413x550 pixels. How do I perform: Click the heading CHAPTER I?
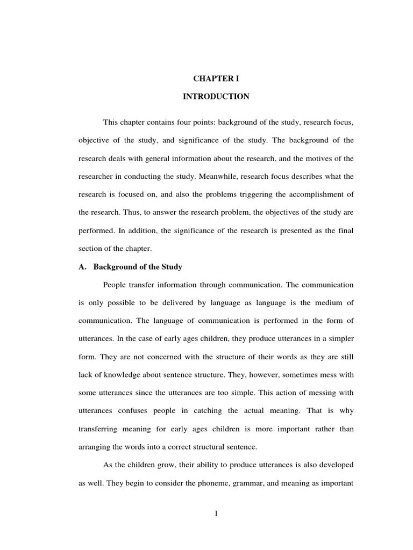[216, 78]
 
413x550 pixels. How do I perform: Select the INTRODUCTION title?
[216, 97]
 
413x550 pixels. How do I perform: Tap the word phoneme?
[215, 483]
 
